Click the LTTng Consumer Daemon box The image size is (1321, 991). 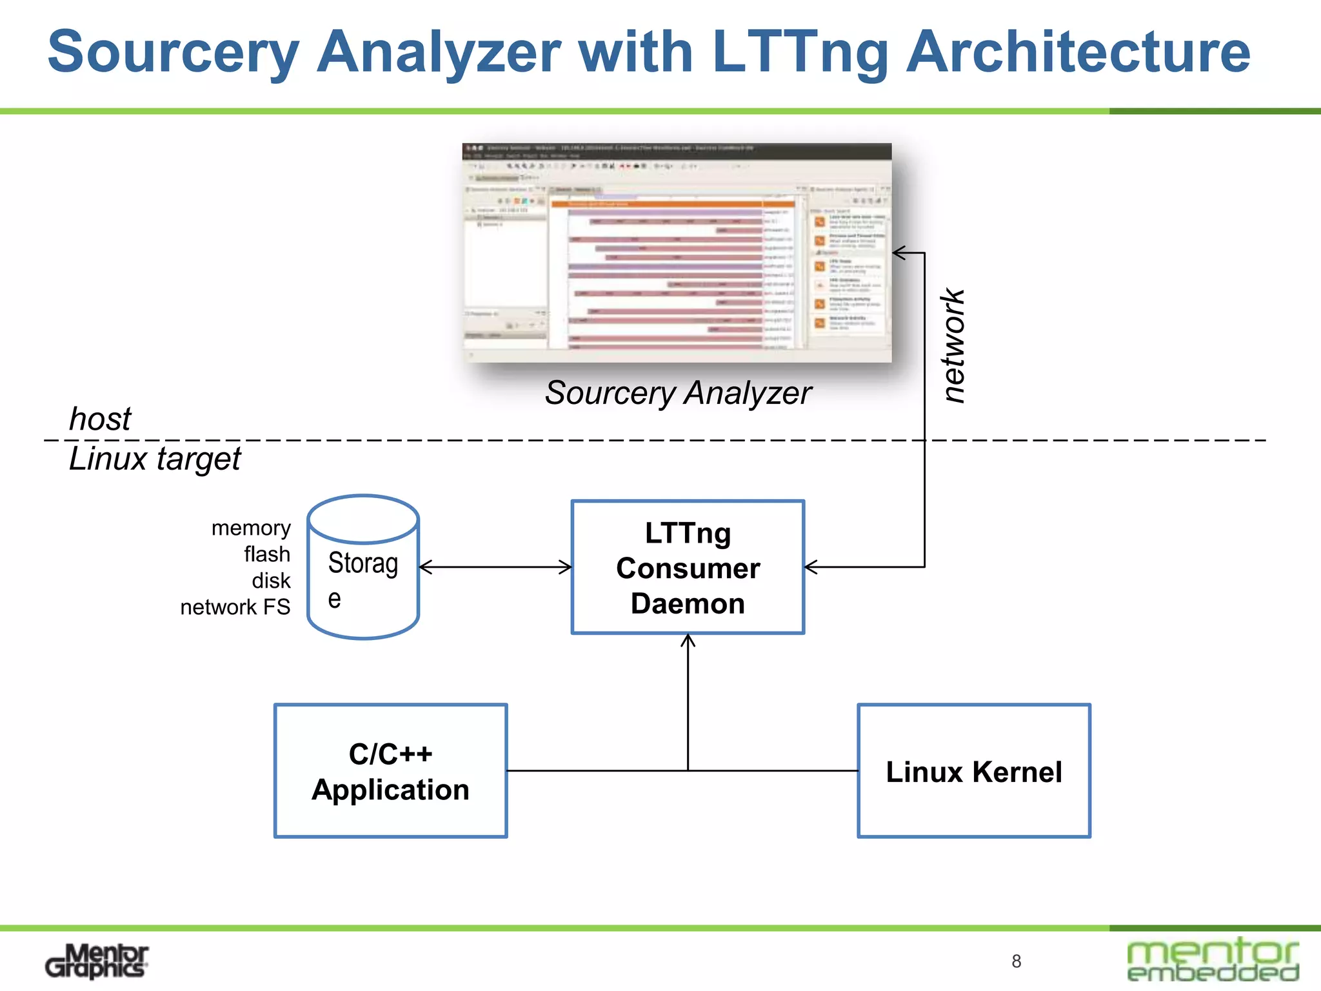click(x=688, y=567)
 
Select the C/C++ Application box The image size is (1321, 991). click(x=390, y=771)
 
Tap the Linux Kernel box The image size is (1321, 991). click(x=973, y=771)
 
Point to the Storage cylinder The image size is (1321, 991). click(x=363, y=568)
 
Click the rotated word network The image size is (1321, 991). click(x=953, y=346)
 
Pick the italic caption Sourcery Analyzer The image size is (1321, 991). click(x=677, y=393)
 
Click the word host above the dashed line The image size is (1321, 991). click(x=100, y=419)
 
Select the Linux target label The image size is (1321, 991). click(x=155, y=459)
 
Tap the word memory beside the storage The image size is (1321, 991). click(x=251, y=528)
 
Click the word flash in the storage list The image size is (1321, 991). click(x=267, y=554)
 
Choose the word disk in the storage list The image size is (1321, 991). click(x=271, y=581)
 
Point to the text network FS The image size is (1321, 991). click(x=235, y=607)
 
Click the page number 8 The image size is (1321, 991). click(x=1016, y=961)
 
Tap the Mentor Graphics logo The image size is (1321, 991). click(x=97, y=961)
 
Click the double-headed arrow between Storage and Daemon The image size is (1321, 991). click(x=495, y=567)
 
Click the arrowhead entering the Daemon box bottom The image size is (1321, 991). click(x=688, y=639)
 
